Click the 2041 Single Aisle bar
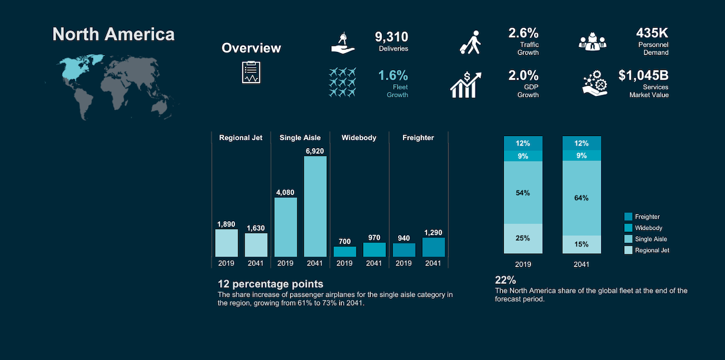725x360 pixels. point(315,207)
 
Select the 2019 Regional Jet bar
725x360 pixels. point(226,243)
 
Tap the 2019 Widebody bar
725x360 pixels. point(345,252)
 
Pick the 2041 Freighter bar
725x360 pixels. point(433,247)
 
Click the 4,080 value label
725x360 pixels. point(285,193)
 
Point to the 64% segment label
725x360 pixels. point(581,198)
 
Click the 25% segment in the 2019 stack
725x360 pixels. point(523,239)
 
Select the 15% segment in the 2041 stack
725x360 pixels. point(582,244)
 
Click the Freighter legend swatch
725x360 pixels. point(628,216)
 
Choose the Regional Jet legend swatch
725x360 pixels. point(628,250)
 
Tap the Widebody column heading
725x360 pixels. point(359,138)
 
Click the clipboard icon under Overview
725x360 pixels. point(251,72)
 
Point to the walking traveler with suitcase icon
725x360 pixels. point(470,42)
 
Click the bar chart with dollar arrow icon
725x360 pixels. point(466,85)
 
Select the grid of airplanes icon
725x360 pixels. point(343,82)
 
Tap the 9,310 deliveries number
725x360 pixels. point(391,37)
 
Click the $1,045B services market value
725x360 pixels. point(643,76)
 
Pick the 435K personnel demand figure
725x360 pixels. point(652,33)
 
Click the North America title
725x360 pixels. point(114,34)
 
